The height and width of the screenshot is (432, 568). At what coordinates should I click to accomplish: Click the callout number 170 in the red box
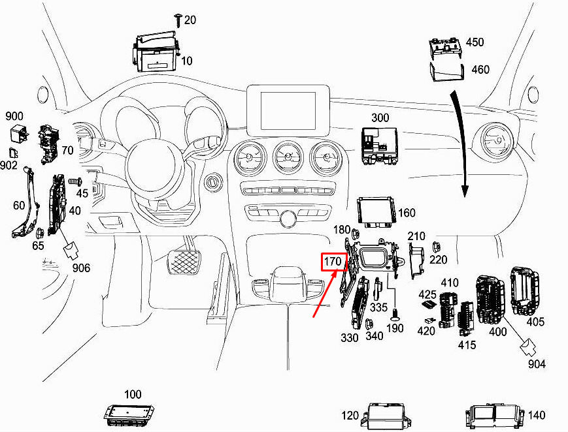333,261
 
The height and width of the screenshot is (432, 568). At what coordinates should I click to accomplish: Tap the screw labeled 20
178,20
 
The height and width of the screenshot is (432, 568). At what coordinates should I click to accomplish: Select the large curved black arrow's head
465,191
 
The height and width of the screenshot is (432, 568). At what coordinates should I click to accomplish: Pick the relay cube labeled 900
19,134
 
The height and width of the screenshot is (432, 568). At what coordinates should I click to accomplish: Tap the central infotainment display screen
288,110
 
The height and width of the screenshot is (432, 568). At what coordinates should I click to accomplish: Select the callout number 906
81,268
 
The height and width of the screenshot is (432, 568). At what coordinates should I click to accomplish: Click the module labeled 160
376,212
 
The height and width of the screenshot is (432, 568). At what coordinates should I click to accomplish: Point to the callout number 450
475,42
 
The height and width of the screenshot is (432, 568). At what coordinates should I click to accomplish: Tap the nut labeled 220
436,247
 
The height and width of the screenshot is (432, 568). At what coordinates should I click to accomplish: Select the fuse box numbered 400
490,299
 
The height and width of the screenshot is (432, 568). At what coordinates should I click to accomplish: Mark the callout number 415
467,345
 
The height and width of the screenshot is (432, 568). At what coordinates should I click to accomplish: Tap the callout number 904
537,363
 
